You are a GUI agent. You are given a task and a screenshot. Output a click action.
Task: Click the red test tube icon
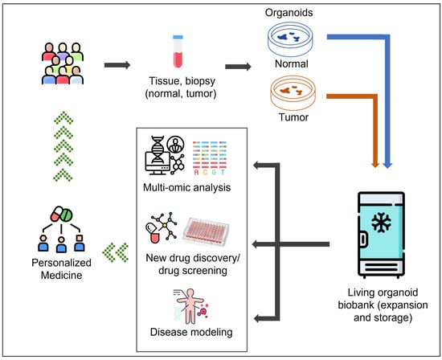click(x=178, y=51)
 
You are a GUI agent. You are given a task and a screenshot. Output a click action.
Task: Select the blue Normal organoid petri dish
click(x=290, y=39)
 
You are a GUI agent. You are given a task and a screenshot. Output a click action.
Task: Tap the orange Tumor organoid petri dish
click(x=293, y=92)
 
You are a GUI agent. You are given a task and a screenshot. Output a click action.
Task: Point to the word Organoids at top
click(x=289, y=13)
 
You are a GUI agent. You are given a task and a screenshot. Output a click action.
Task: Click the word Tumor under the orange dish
click(x=293, y=117)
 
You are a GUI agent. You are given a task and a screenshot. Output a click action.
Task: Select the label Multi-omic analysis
click(x=187, y=187)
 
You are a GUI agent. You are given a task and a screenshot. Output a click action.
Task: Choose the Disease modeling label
click(x=191, y=332)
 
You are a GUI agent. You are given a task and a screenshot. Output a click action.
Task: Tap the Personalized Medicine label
click(x=61, y=268)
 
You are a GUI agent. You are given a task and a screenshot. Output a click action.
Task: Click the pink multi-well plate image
click(x=206, y=231)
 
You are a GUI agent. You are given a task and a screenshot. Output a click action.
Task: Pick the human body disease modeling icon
click(x=190, y=306)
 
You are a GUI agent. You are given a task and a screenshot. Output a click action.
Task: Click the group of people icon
click(x=63, y=63)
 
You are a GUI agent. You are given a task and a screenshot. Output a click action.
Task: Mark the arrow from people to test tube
click(x=117, y=65)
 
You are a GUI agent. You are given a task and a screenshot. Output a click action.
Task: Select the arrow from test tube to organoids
click(x=238, y=67)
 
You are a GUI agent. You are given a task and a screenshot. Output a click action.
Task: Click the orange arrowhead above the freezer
click(x=375, y=164)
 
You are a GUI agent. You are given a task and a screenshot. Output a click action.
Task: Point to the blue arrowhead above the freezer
click(x=387, y=164)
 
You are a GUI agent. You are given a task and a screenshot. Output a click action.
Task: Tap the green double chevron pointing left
click(x=116, y=252)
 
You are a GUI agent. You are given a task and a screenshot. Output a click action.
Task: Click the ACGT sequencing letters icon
click(x=210, y=157)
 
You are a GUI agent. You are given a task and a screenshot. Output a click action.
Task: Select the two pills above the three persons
click(x=61, y=215)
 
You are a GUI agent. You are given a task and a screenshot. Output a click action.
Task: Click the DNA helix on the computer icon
click(x=158, y=149)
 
